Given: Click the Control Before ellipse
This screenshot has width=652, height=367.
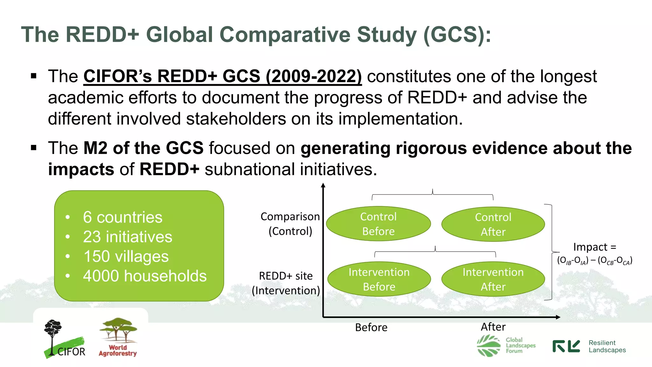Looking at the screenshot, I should [x=378, y=224].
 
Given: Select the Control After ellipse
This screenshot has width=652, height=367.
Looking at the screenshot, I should [x=493, y=224].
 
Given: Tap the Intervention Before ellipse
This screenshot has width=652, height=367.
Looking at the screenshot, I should [x=379, y=279].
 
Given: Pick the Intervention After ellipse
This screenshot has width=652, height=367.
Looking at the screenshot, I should [x=493, y=279].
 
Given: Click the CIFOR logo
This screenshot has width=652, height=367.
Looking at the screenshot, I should [x=64, y=339].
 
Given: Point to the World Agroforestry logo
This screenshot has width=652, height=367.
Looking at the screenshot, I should [x=118, y=337].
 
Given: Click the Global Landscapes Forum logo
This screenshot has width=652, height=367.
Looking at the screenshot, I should [x=506, y=345].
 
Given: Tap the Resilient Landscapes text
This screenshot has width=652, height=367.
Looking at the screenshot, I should [x=607, y=346].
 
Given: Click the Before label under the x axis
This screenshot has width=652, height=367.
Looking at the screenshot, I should [x=371, y=327].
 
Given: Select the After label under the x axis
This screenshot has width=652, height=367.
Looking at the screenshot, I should [x=493, y=327].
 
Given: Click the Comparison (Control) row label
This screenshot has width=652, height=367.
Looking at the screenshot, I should [x=290, y=224].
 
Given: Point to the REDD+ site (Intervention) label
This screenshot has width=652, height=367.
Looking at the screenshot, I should [x=286, y=283].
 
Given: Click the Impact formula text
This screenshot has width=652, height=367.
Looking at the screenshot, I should [x=594, y=254].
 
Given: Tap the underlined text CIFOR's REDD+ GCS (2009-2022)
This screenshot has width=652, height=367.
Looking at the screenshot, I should [x=222, y=76].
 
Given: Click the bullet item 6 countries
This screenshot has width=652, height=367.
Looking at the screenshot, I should [x=123, y=217].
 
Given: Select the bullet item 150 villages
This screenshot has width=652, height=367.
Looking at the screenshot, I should [x=126, y=256].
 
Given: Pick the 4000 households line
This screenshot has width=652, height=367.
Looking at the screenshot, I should [x=145, y=276].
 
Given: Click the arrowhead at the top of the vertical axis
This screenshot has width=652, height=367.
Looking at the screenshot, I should [x=323, y=185].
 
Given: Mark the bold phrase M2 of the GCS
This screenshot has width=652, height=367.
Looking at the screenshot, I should [x=143, y=148].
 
